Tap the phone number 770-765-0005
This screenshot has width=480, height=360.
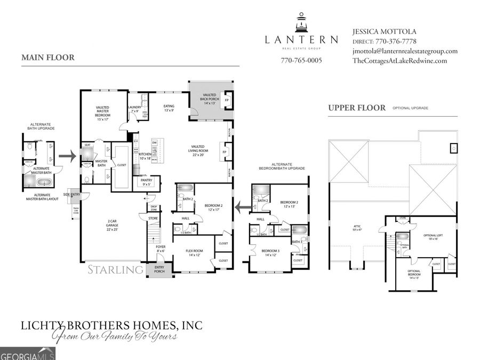pos(301,60)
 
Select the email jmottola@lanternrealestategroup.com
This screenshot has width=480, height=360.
pos(405,51)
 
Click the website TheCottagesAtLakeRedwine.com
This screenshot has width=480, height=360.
pos(399,61)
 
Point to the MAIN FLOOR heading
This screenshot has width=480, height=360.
pos(48,58)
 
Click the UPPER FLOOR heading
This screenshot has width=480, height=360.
pos(357,108)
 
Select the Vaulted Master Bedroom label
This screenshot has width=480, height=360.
pos(103,113)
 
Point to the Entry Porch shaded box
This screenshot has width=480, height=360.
pos(159,270)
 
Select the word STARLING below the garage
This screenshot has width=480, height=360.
pos(115,270)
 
